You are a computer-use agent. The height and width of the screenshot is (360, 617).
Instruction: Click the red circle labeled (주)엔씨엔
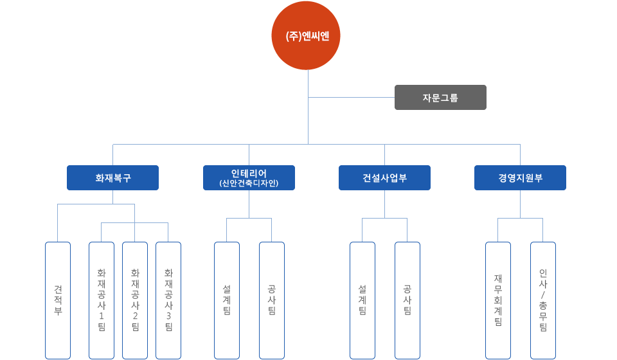tap(308, 36)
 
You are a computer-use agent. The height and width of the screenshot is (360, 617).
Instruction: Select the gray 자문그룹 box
tap(440, 98)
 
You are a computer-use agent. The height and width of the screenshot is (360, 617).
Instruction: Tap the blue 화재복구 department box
tap(112, 178)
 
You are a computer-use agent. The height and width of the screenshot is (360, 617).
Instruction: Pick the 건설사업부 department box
tap(384, 178)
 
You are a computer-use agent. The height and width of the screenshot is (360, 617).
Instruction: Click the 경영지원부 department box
tap(520, 178)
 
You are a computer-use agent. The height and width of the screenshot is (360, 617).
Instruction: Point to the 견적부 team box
tap(58, 300)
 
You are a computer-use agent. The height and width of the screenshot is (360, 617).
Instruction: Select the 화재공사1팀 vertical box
tap(102, 300)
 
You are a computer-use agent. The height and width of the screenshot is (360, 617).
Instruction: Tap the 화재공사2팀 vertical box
tap(135, 300)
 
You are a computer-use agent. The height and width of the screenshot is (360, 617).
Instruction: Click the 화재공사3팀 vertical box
tap(168, 300)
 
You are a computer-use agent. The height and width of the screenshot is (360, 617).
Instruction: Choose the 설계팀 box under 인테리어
tap(226, 300)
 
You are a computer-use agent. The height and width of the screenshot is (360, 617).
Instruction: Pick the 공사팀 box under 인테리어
tap(271, 300)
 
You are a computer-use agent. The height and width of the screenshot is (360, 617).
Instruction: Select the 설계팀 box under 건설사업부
tap(362, 300)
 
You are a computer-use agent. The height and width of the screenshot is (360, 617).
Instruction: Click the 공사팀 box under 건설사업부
tap(407, 300)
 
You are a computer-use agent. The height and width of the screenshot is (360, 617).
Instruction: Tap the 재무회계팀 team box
tap(497, 300)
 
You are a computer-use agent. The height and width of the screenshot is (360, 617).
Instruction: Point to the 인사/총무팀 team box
tap(543, 300)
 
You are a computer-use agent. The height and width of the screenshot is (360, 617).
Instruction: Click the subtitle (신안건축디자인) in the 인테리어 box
tap(249, 184)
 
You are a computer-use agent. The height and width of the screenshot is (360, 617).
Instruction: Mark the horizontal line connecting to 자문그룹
tap(351, 98)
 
